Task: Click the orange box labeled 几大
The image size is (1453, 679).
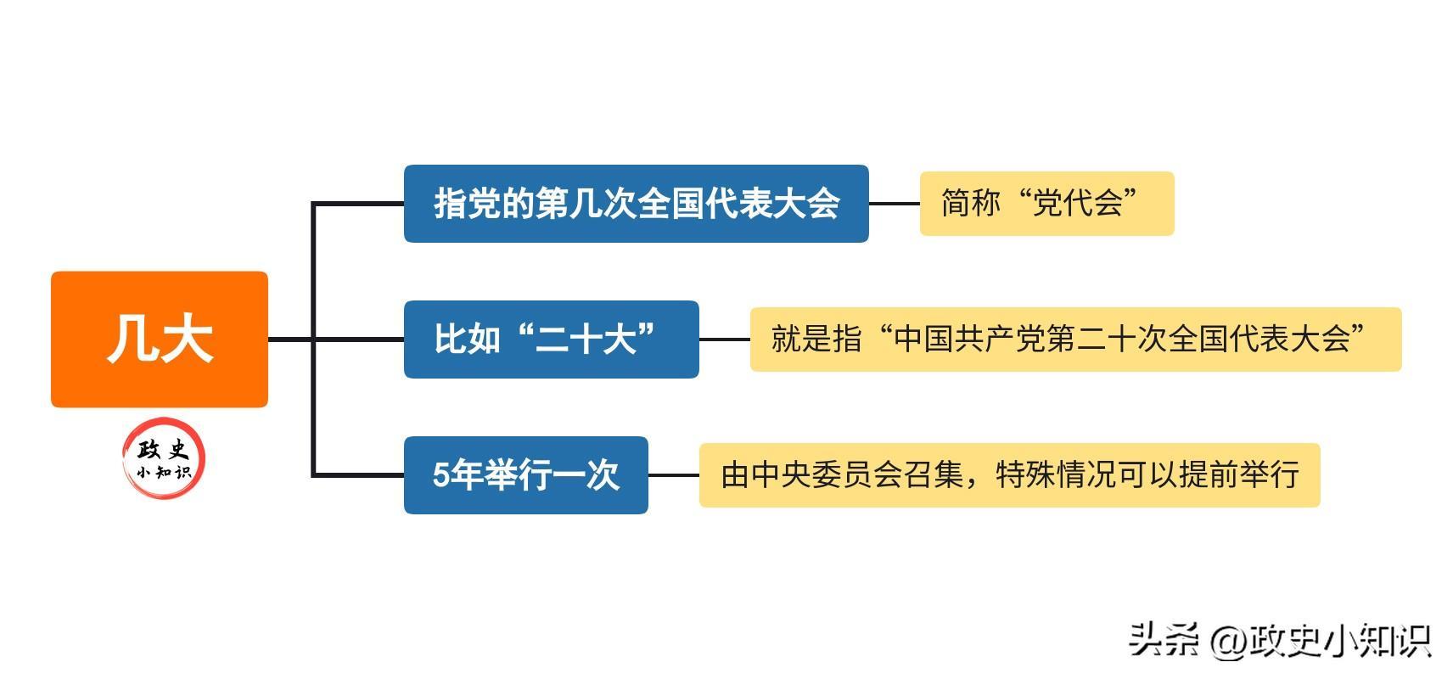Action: (x=160, y=339)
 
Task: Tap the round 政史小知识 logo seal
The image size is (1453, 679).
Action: (x=164, y=458)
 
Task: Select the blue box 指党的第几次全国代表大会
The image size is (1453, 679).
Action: (x=637, y=204)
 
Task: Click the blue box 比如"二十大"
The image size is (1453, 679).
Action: (x=552, y=339)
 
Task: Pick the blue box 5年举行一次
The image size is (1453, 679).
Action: (x=526, y=475)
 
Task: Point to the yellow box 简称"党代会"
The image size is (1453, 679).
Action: (x=1047, y=204)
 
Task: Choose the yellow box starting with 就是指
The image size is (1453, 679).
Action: (x=1076, y=339)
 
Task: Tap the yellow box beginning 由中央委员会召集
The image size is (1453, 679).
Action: (x=1010, y=475)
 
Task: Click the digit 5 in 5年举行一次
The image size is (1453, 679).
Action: (x=441, y=475)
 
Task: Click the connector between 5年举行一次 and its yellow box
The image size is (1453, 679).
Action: (x=674, y=475)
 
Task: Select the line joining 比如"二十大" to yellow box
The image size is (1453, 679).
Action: (x=725, y=339)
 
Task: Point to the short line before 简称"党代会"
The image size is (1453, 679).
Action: (x=895, y=204)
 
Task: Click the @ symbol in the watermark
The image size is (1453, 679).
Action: (x=1228, y=642)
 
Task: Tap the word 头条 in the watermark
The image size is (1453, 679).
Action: (x=1164, y=639)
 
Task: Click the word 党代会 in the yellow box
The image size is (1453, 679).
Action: (x=1077, y=203)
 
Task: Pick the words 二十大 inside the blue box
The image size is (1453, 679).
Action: (x=586, y=339)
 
